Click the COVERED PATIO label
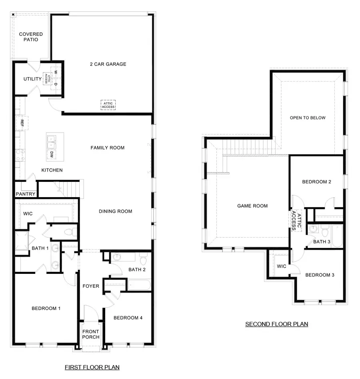click(31, 37)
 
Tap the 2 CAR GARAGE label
click(108, 64)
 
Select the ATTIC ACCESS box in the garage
click(108, 105)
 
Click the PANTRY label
click(26, 194)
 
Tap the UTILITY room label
click(32, 79)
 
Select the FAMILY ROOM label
click(107, 148)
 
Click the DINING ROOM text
click(115, 211)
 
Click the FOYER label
click(91, 286)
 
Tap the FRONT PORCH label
click(91, 334)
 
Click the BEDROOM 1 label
click(46, 308)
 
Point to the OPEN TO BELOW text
click(308, 118)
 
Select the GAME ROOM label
click(252, 206)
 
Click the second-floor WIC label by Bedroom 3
click(281, 266)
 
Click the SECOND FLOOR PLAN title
click(276, 324)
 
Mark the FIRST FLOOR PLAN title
click(92, 367)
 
